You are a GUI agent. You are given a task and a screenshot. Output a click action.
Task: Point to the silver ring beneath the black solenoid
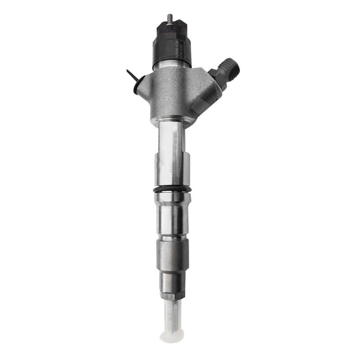[173, 66]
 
